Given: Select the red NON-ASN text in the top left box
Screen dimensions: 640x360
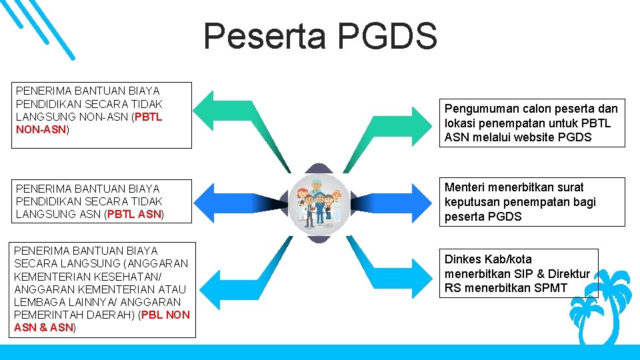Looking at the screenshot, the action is click(x=41, y=129).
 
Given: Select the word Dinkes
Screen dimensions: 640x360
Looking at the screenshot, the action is click(x=462, y=259).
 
